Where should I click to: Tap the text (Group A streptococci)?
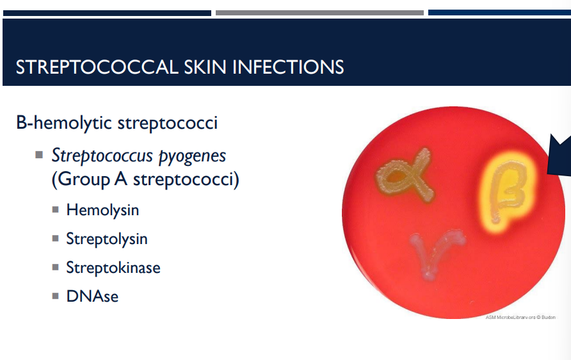[145, 179]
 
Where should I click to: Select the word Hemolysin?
[102, 209]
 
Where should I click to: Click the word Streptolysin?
[107, 239]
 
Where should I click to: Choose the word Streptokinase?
[113, 267]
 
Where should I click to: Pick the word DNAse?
[92, 296]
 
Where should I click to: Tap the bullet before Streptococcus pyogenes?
[40, 155]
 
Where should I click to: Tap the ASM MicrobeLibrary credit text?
[520, 317]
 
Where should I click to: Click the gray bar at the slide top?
[319, 13]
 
